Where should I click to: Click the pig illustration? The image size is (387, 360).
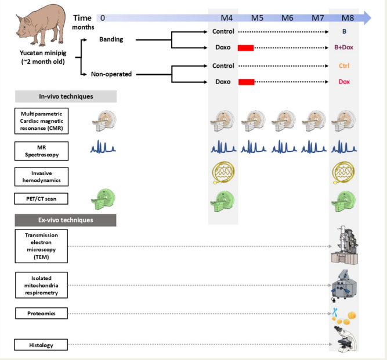coord(40,26)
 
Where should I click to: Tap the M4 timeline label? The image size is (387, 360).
coord(223,18)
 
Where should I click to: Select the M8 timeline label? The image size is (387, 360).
coord(348,18)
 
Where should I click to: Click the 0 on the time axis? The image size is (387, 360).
coord(103,18)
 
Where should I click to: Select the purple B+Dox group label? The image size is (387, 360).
coord(348,48)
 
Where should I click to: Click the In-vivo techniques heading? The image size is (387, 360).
coord(66,96)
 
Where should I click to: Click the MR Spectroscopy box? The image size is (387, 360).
coord(42,151)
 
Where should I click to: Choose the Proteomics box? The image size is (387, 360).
coord(42,314)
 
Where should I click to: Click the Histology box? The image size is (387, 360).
coord(42,345)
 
